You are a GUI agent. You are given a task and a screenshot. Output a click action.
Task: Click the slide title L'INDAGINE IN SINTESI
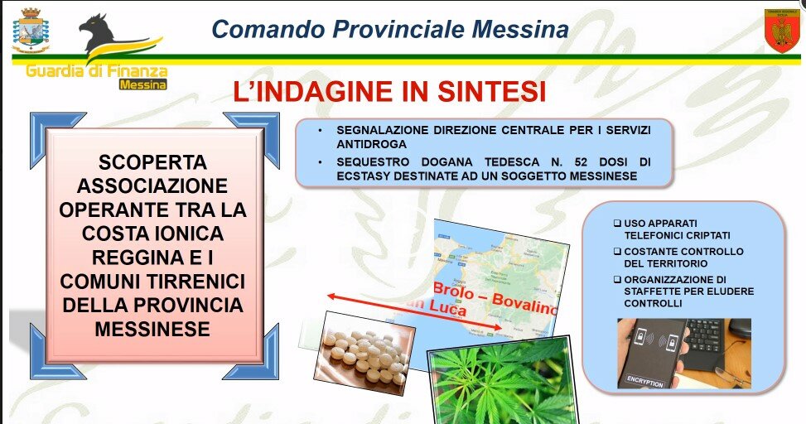389,91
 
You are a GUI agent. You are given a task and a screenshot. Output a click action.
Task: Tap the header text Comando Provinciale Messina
390,29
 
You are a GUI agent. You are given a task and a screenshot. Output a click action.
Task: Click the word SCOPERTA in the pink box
152,161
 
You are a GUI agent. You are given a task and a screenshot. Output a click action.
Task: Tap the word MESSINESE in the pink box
152,329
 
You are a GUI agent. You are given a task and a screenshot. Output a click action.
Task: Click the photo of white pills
364,352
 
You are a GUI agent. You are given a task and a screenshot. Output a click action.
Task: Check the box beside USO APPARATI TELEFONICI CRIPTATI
617,224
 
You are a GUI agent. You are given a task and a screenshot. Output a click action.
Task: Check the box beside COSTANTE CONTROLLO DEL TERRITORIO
617,251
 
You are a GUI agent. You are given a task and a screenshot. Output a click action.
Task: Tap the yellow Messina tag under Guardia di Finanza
142,84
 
